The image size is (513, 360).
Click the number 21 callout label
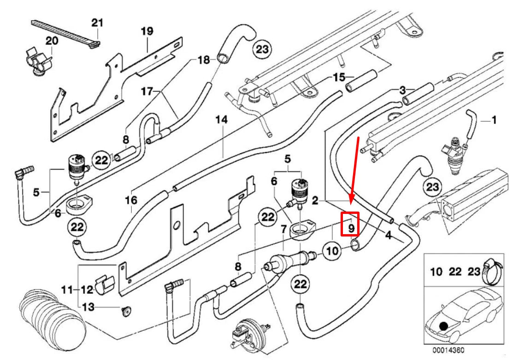pos(97,22)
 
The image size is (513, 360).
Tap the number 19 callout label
pos(147,32)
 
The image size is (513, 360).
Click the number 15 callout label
pos(339,77)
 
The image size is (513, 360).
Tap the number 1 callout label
pos(494,121)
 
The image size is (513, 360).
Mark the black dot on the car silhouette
pos(443,326)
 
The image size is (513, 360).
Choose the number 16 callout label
pos(131,201)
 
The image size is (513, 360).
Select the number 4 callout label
pos(388,235)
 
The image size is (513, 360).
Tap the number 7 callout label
pos(283,229)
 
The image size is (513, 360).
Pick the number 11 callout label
pos(66,290)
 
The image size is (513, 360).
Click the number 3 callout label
pos(402,89)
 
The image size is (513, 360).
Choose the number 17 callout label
pos(147,91)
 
